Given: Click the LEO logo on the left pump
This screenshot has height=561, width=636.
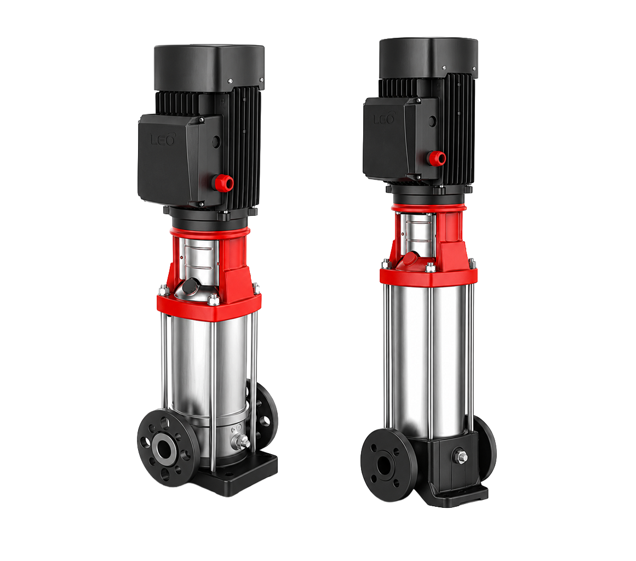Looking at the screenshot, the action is click(163, 139).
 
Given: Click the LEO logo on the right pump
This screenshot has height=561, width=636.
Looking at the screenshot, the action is click(383, 118).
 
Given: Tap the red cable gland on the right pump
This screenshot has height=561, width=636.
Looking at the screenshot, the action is click(438, 157).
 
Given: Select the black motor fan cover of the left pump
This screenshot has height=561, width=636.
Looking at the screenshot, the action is click(209, 66).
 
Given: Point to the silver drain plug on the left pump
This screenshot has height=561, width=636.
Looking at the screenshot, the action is click(242, 442).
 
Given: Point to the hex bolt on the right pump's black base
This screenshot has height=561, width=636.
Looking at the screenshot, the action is click(461, 456).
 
